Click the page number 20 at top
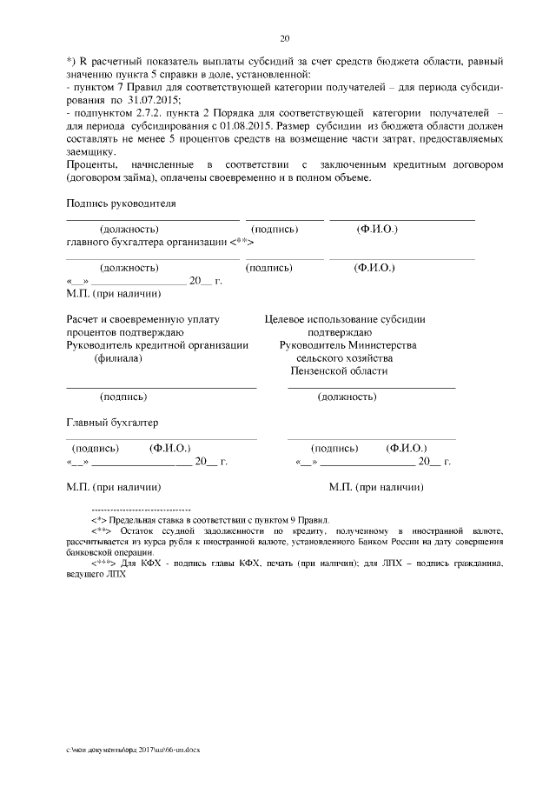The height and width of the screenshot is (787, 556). tap(284, 38)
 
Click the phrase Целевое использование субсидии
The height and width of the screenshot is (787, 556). tap(345, 319)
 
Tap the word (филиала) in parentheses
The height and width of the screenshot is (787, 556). tap(120, 357)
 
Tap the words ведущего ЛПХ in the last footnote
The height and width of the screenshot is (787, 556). tap(90, 575)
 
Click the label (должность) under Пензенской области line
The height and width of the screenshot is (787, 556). tap(346, 397)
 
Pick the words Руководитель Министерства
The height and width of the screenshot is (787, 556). tap(347, 344)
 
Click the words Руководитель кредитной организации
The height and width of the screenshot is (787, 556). tap(157, 344)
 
